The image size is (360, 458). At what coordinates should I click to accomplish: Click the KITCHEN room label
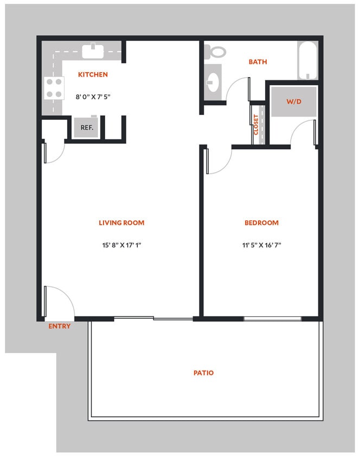(93, 75)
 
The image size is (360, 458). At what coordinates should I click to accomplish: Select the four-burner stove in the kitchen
(54, 87)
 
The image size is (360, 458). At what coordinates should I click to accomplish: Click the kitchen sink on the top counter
(93, 51)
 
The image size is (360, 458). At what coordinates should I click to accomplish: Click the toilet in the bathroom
(217, 52)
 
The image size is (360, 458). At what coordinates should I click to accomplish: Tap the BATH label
(258, 62)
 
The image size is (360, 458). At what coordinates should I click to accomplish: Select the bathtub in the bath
(307, 61)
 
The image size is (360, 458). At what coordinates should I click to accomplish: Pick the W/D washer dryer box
(293, 101)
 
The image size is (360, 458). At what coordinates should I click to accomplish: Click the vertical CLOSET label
(256, 125)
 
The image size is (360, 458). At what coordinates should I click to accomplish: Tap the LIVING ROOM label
(121, 222)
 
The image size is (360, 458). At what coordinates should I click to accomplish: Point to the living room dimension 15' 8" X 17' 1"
(121, 245)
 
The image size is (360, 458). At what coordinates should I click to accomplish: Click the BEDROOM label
(261, 222)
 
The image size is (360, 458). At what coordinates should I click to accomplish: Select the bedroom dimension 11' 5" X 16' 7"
(261, 245)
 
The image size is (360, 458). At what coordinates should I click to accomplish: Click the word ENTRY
(59, 326)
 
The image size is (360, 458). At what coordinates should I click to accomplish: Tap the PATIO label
(203, 373)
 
